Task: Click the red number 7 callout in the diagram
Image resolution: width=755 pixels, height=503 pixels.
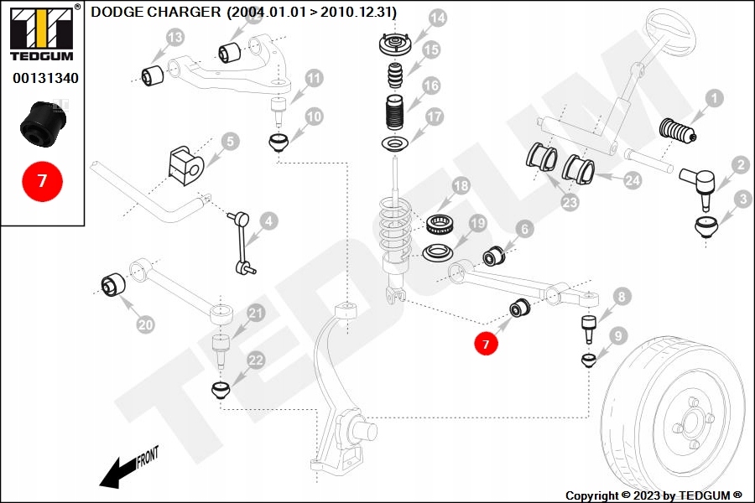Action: coord(485,344)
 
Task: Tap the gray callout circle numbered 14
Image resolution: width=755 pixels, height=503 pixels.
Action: coord(437,18)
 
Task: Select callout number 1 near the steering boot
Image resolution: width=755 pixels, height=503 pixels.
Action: coord(712,100)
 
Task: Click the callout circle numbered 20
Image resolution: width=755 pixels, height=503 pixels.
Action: coord(146,324)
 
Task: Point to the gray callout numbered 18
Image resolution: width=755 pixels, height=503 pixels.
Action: coord(460,186)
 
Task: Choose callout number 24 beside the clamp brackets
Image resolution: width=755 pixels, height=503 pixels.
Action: coord(632,179)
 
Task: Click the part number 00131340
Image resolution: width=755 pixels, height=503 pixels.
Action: coord(45,79)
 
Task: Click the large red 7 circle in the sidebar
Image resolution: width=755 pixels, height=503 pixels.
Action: coord(42,180)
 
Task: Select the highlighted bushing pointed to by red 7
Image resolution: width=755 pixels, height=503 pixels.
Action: coord(518,309)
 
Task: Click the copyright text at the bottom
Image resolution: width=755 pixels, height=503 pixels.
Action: coord(653,495)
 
